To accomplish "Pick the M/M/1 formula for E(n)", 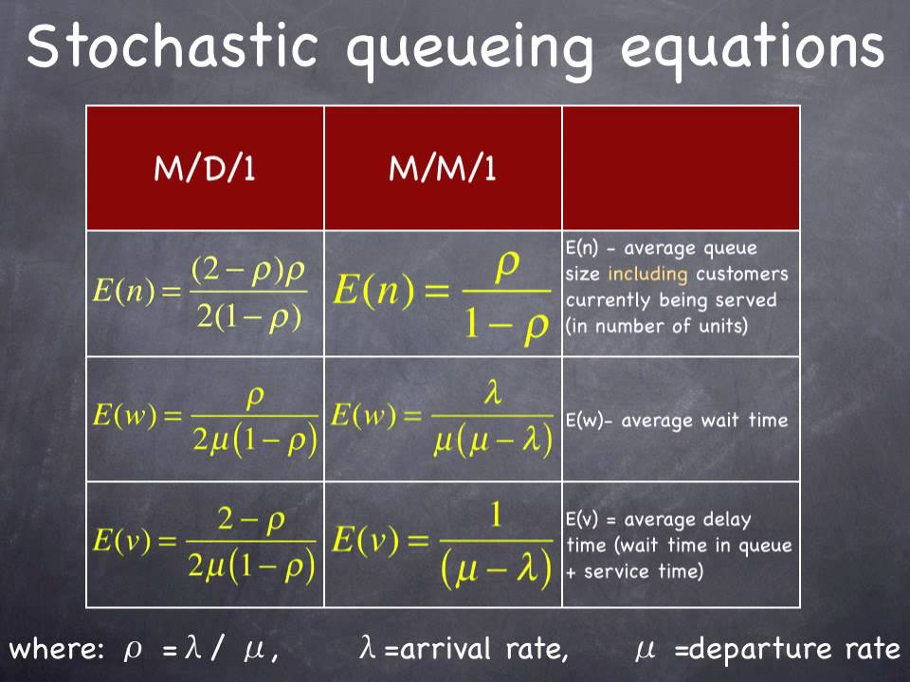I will point(442,293).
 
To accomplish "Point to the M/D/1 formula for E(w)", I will point(205,420).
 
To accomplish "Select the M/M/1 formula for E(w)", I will point(442,420).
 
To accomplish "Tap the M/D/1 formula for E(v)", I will point(205,544).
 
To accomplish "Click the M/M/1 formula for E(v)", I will point(442,544).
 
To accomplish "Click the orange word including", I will point(648,275).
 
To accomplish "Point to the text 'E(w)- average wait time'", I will point(677,421).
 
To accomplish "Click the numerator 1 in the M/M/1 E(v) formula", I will point(496,517).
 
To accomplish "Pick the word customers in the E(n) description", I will point(741,275).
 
